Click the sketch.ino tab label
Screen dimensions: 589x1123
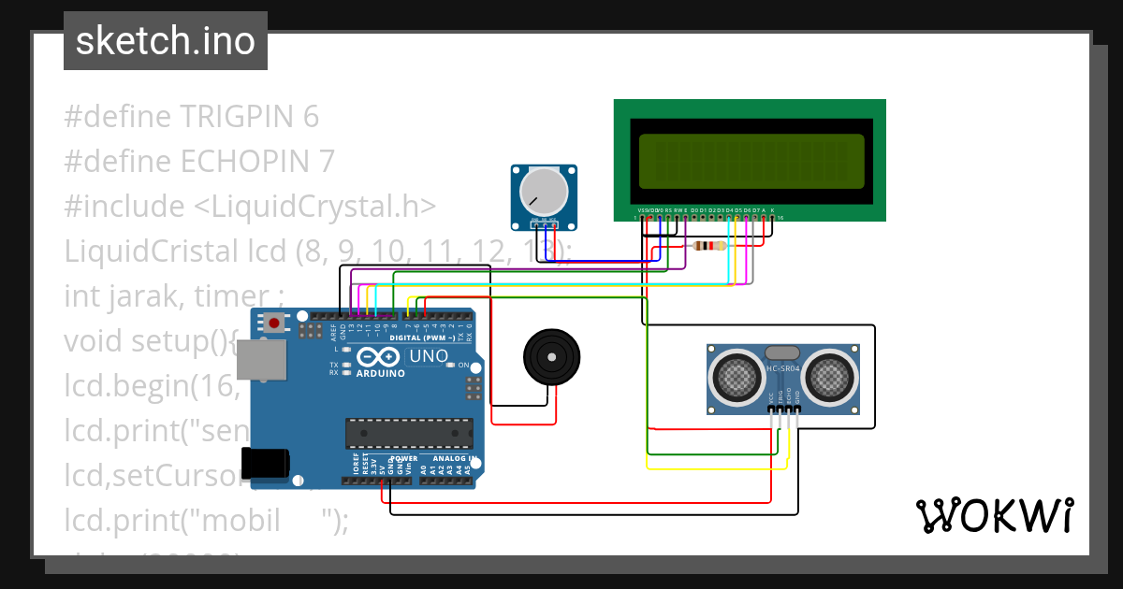tap(165, 41)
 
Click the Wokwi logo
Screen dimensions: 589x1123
tap(995, 515)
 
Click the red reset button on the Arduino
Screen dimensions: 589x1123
tap(274, 323)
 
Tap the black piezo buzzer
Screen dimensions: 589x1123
tap(550, 356)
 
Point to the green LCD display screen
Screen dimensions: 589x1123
tap(751, 160)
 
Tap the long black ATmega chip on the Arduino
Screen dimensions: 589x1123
tap(409, 433)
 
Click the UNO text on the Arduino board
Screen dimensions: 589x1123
tap(429, 356)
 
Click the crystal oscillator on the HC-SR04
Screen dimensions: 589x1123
tap(782, 352)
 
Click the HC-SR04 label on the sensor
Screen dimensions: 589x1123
tap(783, 369)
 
